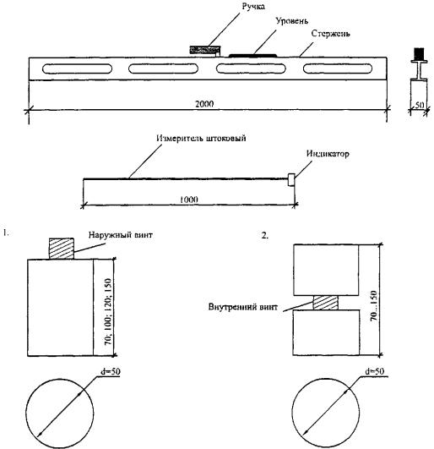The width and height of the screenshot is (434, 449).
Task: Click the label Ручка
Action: pos(253,6)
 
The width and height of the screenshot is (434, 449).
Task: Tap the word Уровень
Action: pos(291,21)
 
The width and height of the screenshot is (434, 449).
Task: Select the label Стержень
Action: pos(330,34)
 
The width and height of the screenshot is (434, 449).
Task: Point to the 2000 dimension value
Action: pos(204,104)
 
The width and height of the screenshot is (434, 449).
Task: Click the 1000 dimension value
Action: pos(188,200)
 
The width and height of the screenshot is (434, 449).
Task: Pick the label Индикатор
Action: pos(328,154)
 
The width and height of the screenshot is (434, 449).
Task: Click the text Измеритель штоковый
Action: pos(201,139)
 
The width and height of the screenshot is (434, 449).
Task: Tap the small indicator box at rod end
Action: pos(291,180)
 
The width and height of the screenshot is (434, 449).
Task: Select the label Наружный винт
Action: pos(121,235)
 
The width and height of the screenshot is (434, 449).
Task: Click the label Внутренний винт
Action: pos(242,307)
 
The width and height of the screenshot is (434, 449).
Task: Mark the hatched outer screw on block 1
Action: pos(61,249)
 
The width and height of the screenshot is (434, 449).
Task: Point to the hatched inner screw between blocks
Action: pos(325,303)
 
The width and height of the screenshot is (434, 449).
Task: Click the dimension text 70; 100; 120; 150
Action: pos(108,312)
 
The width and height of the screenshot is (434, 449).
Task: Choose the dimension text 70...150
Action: pos(373,306)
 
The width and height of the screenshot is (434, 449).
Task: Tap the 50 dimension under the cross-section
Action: pos(419,105)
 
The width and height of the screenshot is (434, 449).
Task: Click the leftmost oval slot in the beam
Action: pos(77,68)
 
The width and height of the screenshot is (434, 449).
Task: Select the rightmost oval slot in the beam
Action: pos(338,68)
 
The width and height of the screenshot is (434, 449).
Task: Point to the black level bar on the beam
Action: pos(252,55)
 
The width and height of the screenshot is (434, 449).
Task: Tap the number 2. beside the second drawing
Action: pos(265,235)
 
